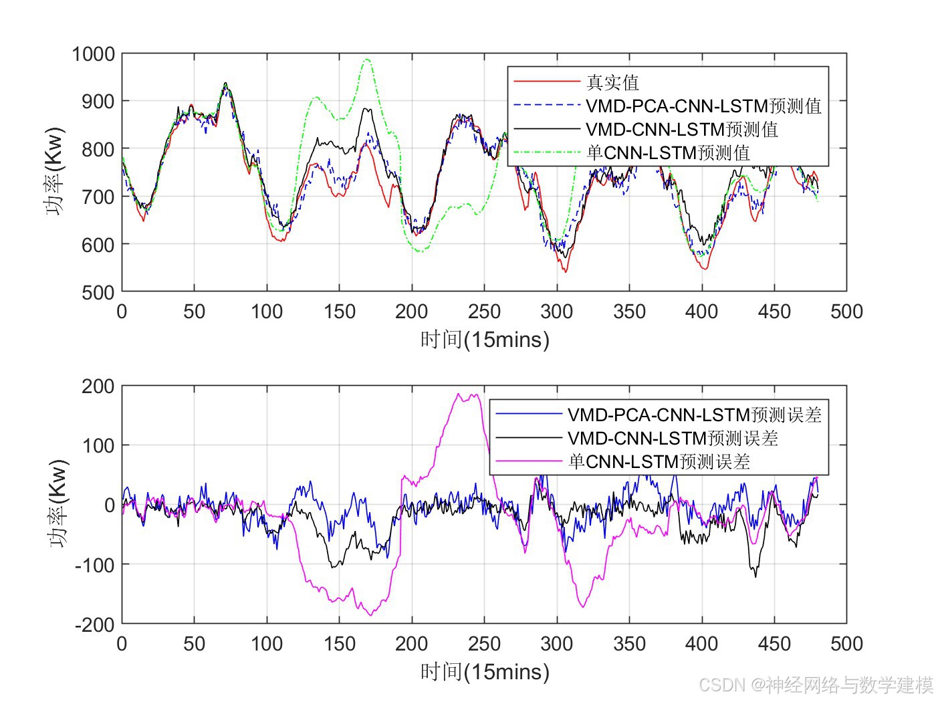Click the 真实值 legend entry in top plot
tap(612, 82)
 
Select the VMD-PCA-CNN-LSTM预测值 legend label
tap(703, 106)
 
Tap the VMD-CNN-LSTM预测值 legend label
tap(682, 129)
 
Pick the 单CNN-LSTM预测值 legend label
tap(668, 152)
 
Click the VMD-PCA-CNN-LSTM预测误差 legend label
tap(694, 415)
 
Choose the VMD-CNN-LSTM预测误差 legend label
tap(673, 438)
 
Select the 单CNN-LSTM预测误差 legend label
tap(659, 461)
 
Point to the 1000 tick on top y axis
tap(94, 53)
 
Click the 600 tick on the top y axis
tap(98, 245)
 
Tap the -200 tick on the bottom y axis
tap(95, 624)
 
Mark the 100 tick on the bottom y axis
tap(98, 445)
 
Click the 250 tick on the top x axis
tap(484, 312)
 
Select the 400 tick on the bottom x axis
tap(701, 644)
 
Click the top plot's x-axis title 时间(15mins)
tap(485, 340)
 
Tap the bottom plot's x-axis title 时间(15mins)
tap(485, 672)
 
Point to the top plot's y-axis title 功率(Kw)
tap(55, 172)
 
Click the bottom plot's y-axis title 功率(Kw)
tap(59, 504)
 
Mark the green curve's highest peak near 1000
tap(366, 60)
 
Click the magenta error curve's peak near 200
tap(459, 394)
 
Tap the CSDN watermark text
tap(815, 685)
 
